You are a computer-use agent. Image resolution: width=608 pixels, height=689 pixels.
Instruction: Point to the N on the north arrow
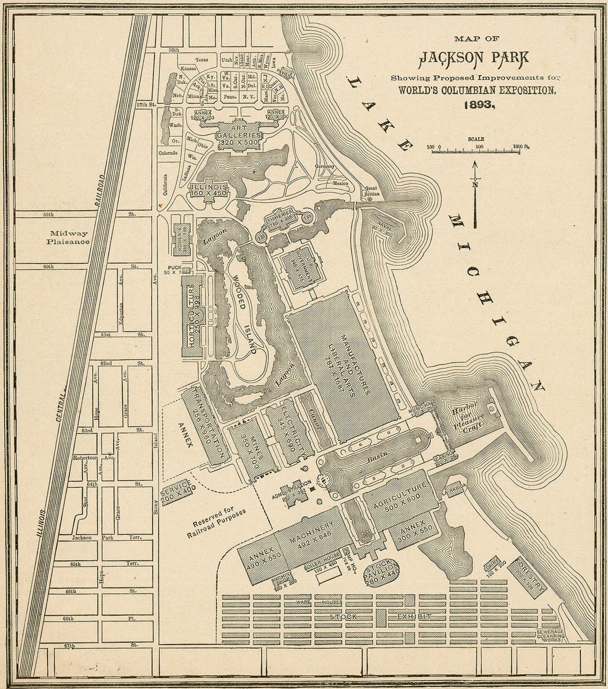pos(475,184)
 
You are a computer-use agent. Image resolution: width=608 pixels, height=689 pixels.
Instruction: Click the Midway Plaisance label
pos(70,237)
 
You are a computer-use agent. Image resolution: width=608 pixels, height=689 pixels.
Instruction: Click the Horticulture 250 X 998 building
pos(193,317)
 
